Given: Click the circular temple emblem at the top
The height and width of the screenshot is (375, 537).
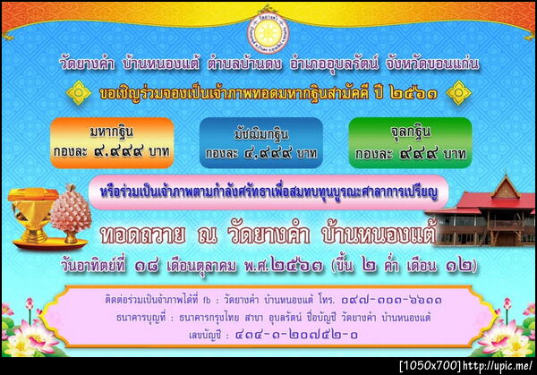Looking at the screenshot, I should (x=267, y=30).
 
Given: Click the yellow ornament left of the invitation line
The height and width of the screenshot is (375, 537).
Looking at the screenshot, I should (x=80, y=91).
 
